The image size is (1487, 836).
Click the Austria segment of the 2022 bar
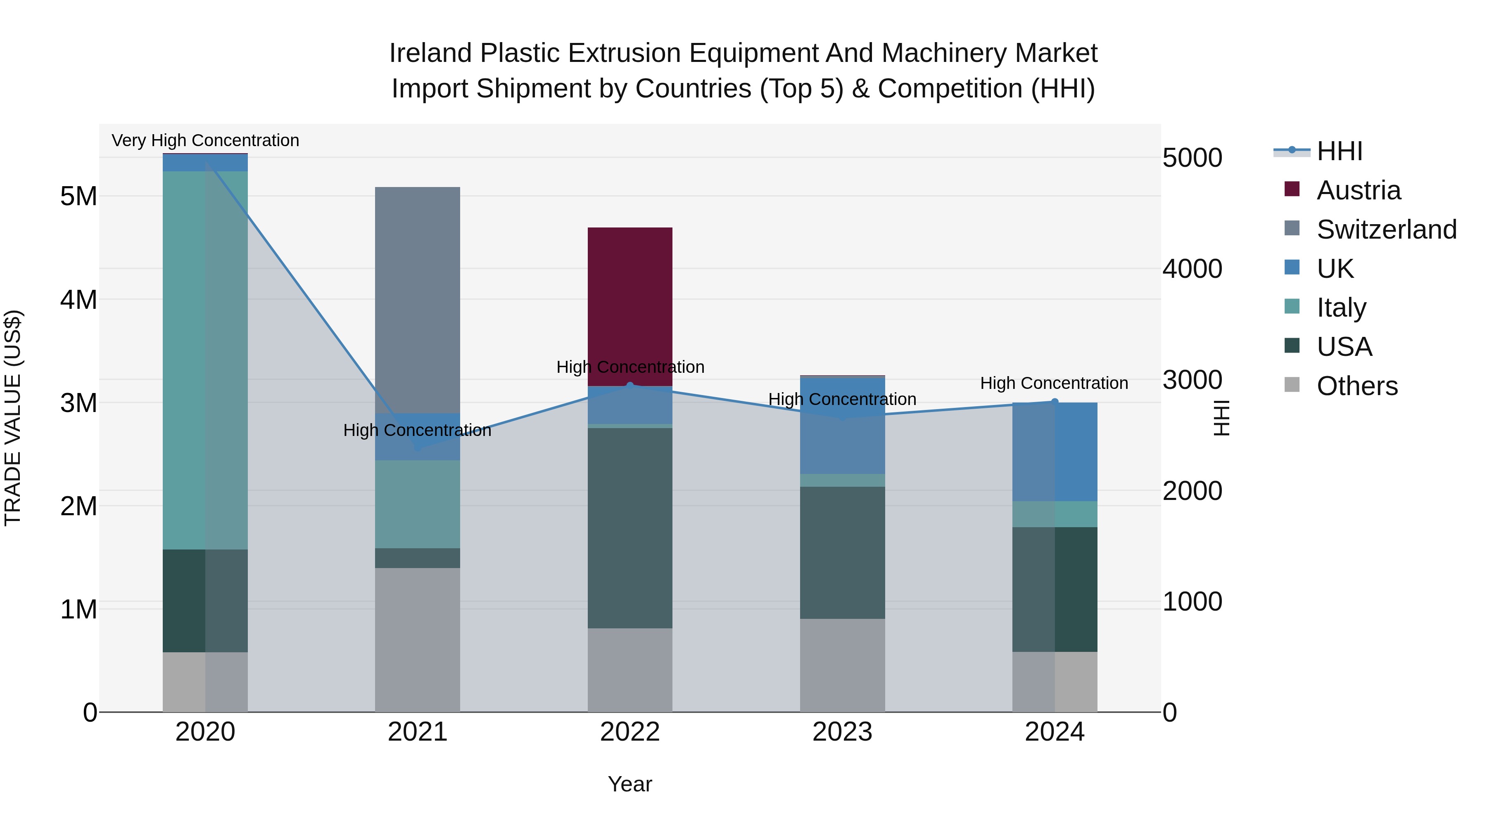click(630, 306)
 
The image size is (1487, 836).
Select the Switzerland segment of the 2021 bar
click(417, 300)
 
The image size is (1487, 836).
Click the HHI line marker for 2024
click(1055, 402)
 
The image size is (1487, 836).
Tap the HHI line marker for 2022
click(630, 386)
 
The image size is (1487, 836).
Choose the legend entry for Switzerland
click(1385, 230)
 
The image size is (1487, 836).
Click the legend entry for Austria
click(1358, 190)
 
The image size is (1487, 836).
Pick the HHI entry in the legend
click(1339, 151)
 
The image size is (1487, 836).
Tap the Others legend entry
click(1356, 386)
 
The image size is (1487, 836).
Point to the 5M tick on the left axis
click(78, 196)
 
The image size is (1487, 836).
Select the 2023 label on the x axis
click(842, 732)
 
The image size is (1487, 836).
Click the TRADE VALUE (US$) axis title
click(13, 418)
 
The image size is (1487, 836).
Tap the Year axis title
click(630, 784)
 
